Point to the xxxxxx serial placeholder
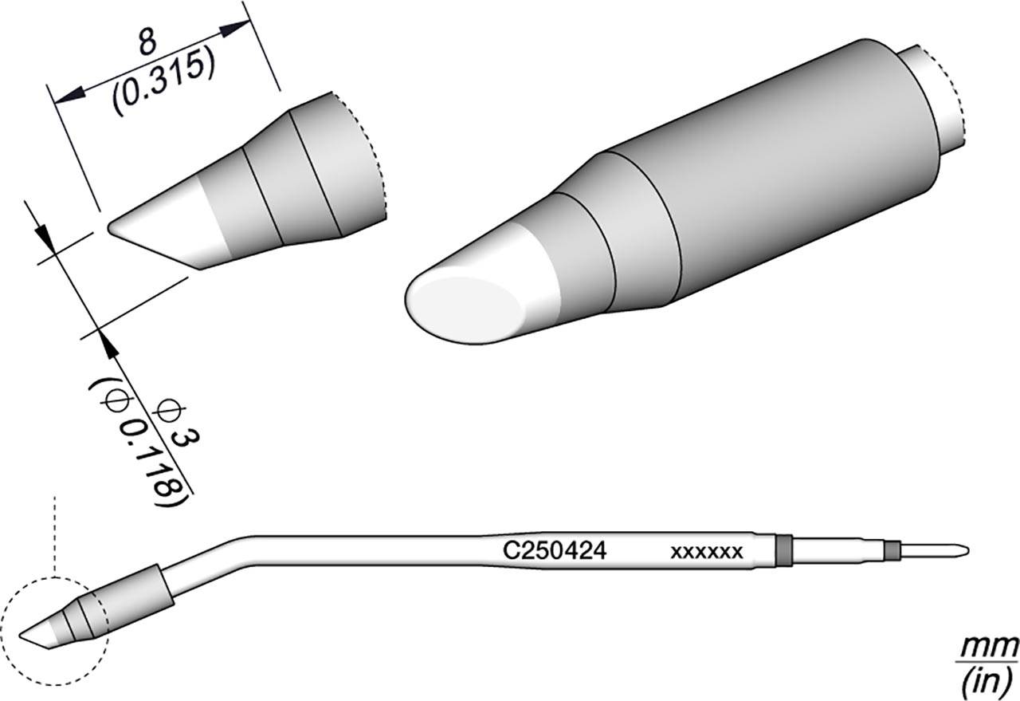point(707,551)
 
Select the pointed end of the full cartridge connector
point(966,549)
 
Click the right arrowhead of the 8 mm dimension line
point(235,30)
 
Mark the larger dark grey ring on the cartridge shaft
point(783,549)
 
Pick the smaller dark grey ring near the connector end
point(892,549)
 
